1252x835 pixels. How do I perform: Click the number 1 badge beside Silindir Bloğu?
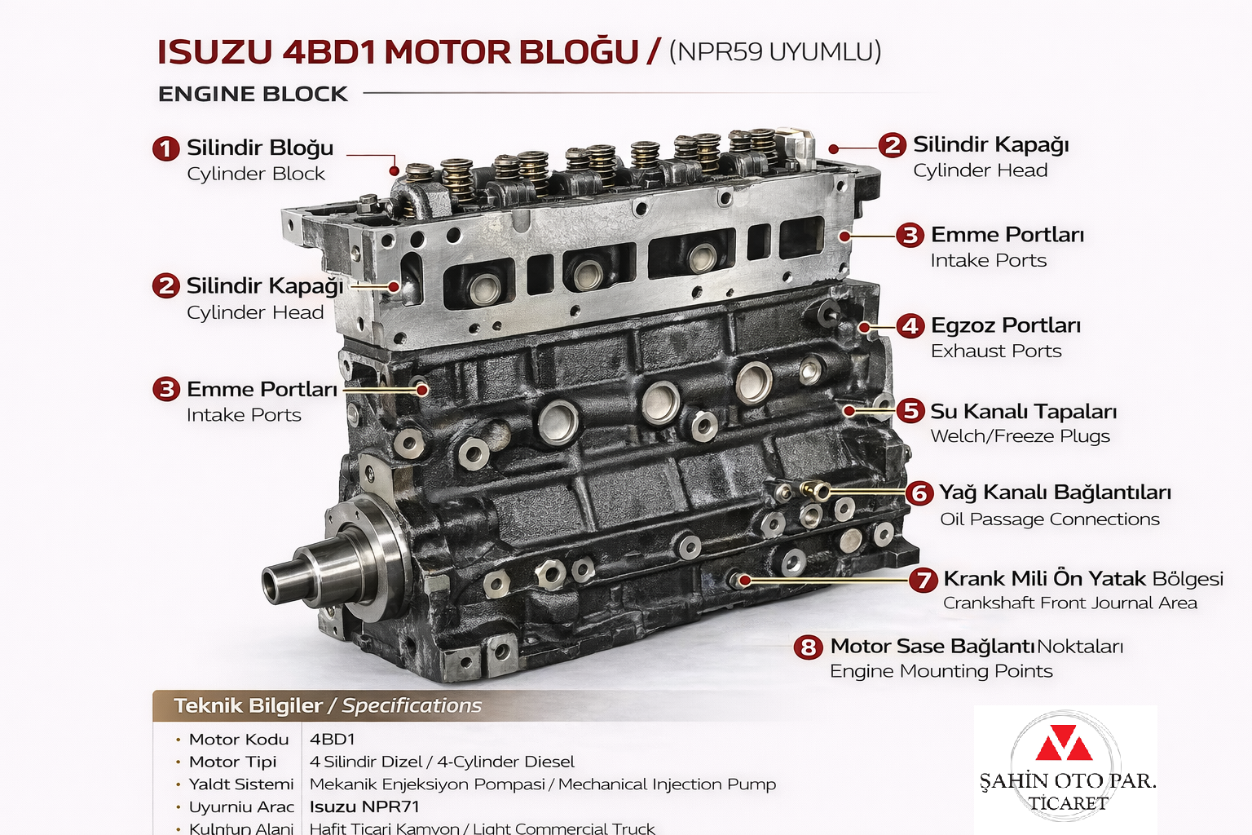(x=166, y=148)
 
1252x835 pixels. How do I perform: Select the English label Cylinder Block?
(x=255, y=174)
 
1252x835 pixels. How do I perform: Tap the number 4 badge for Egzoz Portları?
(x=910, y=326)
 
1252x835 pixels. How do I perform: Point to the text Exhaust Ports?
(x=996, y=351)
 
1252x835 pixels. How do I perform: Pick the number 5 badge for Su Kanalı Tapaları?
(x=910, y=411)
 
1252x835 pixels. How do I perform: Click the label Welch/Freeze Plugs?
(x=1020, y=436)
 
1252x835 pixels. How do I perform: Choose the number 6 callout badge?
(x=919, y=493)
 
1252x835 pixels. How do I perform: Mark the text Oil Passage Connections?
(x=1049, y=519)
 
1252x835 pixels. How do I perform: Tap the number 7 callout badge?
(x=924, y=580)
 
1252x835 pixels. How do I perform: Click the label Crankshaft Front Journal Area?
(x=1069, y=603)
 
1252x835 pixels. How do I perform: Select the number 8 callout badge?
(x=808, y=647)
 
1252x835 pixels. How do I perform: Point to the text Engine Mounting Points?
(x=941, y=671)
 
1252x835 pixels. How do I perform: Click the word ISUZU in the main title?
(x=214, y=53)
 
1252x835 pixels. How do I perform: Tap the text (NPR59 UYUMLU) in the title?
(x=774, y=52)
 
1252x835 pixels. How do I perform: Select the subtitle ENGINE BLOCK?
(x=253, y=95)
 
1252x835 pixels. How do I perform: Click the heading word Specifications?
(x=412, y=706)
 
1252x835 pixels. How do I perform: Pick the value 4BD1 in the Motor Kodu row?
(x=333, y=740)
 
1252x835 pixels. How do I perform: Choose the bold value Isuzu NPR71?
(x=364, y=807)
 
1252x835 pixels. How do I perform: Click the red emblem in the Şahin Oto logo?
(x=1064, y=743)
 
